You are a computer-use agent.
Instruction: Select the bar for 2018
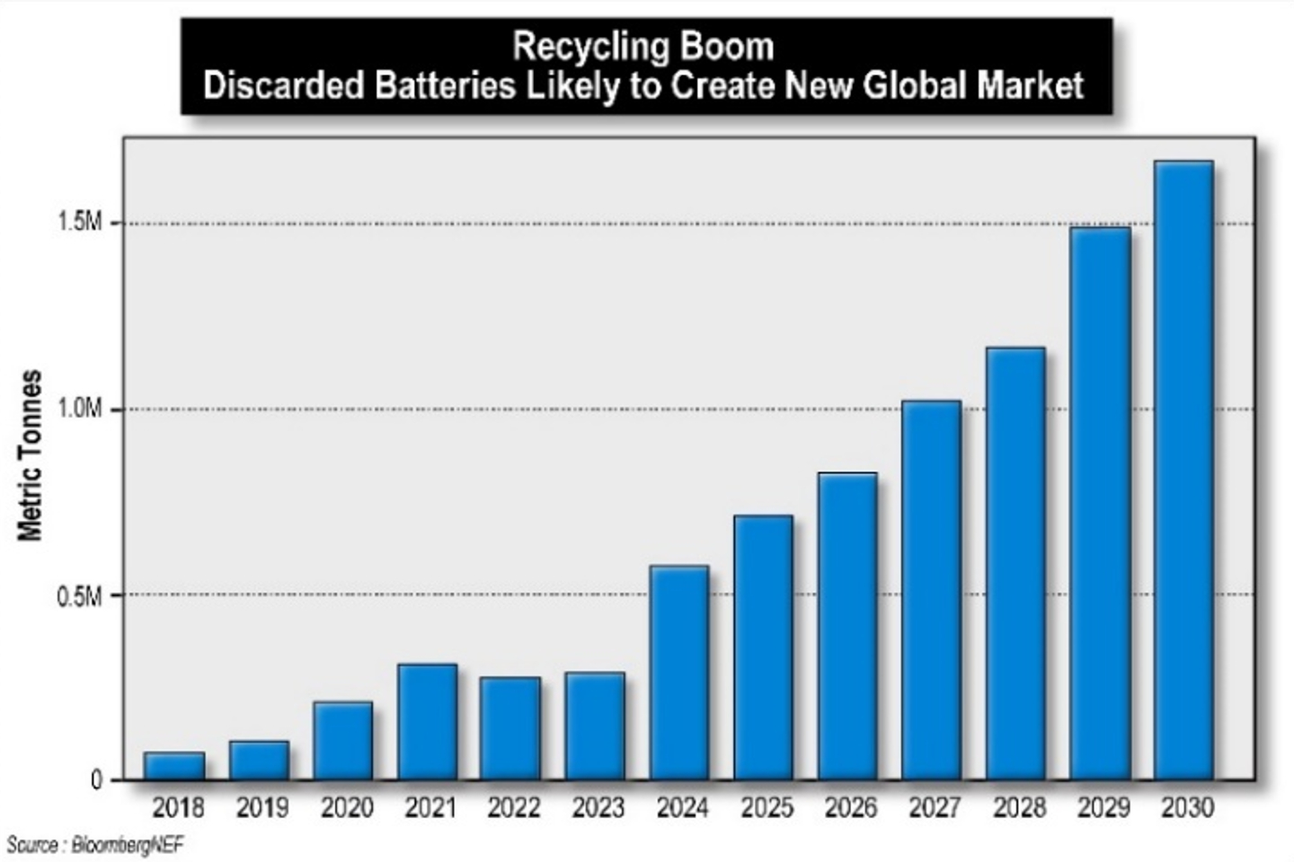tap(174, 766)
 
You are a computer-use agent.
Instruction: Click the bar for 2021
tap(428, 722)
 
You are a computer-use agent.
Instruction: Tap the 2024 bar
tap(679, 673)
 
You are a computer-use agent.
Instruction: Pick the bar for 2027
tap(932, 590)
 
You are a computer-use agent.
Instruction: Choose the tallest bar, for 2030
tap(1184, 471)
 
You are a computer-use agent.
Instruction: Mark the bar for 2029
tap(1100, 504)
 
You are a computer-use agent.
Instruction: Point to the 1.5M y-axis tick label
tap(80, 223)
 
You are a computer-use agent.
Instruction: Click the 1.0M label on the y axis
tap(80, 409)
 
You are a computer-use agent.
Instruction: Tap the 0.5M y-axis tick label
tap(80, 595)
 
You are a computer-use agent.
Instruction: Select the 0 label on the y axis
tap(96, 780)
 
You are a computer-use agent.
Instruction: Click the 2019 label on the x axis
tap(261, 808)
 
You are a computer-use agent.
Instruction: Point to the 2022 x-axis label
tap(513, 808)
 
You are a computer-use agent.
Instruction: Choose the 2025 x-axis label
tap(767, 808)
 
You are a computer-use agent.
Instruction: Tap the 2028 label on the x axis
tap(1019, 808)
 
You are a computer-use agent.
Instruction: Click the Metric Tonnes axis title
tap(31, 455)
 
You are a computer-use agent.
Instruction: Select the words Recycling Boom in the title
tap(643, 47)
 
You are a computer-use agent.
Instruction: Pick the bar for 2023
tap(595, 726)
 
